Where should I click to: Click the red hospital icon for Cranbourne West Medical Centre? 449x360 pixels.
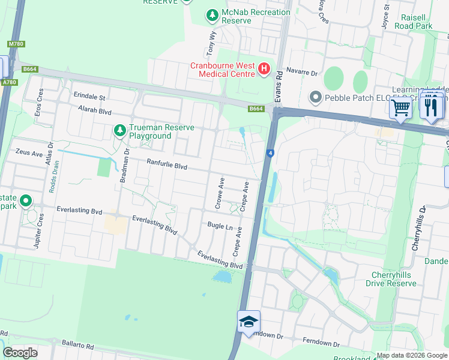[264, 70]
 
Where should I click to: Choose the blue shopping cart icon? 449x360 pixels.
[400, 107]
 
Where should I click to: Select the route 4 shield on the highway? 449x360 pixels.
[271, 154]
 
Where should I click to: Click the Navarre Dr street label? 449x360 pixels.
[301, 72]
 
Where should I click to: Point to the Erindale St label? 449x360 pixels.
[89, 97]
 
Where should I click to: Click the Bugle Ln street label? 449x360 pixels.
[220, 226]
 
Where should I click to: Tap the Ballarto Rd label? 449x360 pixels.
[78, 346]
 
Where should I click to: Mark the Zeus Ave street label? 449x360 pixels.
[30, 153]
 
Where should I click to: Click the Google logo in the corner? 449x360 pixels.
[20, 353]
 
